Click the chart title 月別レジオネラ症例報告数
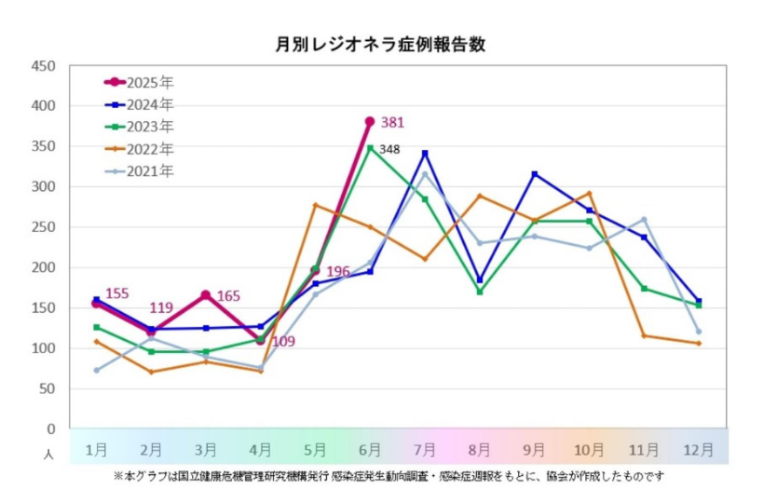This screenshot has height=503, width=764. [381, 44]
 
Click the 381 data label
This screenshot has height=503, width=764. [393, 122]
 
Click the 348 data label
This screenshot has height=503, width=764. [389, 149]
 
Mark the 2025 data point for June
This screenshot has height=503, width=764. [370, 121]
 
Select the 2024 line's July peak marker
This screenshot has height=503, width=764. [425, 153]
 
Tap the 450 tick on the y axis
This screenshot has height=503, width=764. [43, 66]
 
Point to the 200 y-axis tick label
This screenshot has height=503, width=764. [43, 268]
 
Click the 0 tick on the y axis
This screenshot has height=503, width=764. [50, 429]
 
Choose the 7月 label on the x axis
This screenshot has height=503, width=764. [425, 449]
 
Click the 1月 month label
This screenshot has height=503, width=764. [97, 449]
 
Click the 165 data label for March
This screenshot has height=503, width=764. [229, 296]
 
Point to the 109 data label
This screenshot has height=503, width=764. [282, 342]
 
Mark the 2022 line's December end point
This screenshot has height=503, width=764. [698, 344]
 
